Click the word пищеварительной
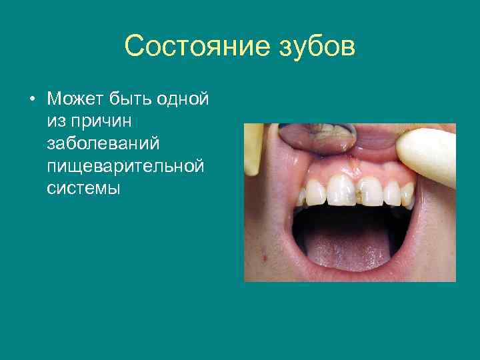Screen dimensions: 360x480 [x=125, y=165]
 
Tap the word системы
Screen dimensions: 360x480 [x=83, y=187]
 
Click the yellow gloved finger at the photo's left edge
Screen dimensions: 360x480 [x=254, y=147]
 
